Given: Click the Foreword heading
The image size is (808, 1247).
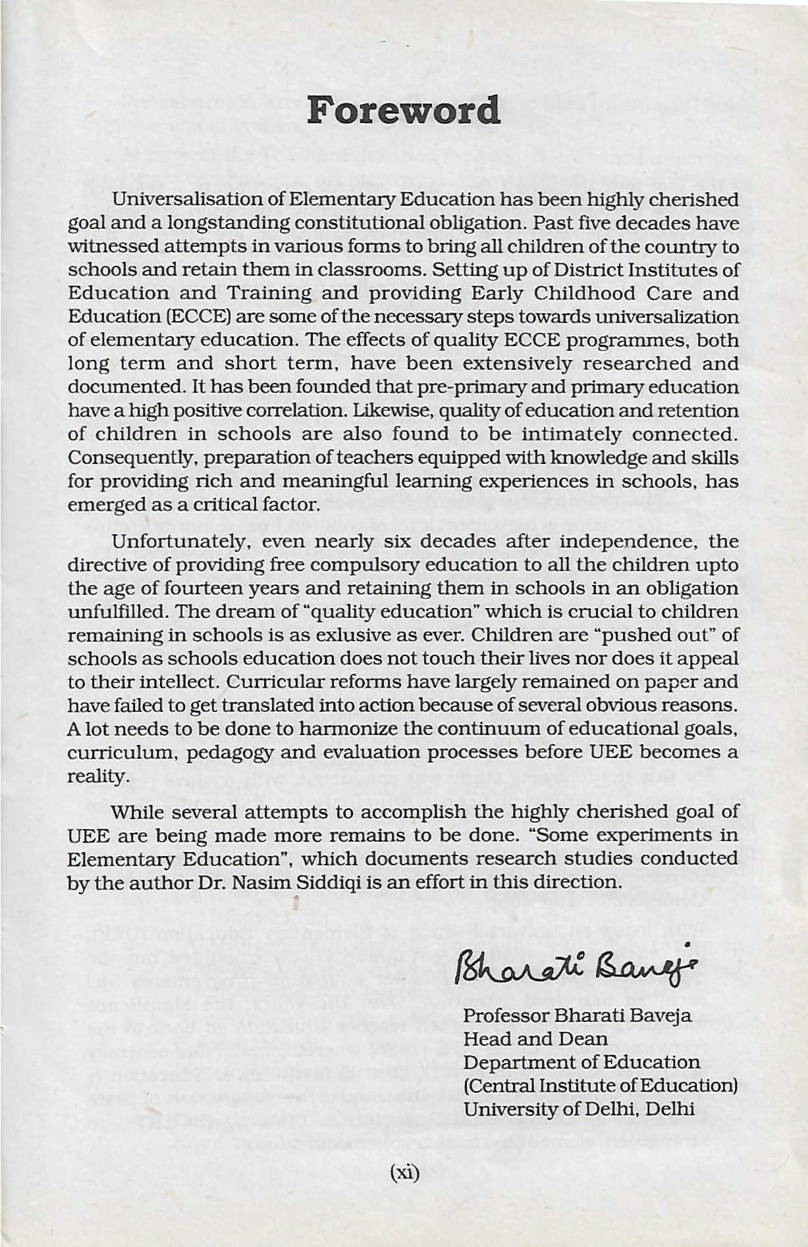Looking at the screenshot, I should coord(404,110).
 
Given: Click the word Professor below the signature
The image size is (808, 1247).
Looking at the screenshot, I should coord(507,1015).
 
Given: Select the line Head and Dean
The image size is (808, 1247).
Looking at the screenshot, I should coord(535,1039).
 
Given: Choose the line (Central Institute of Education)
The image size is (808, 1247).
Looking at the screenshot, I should coord(600,1085).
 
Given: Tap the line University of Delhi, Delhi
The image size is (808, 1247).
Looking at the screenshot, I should coord(579,1109).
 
